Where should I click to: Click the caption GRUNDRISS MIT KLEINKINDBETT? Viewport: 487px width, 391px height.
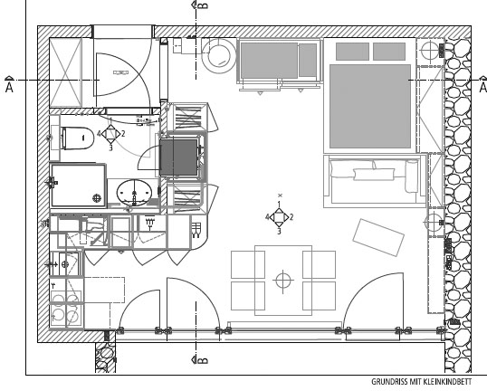(x=422, y=382)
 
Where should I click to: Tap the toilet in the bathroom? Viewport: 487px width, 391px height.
(x=77, y=138)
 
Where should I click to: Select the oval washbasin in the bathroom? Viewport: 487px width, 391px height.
(x=134, y=193)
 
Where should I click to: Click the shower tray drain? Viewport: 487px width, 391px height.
(x=97, y=197)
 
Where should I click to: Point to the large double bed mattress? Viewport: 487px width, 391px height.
(x=370, y=106)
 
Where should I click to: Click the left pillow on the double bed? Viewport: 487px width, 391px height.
(x=352, y=52)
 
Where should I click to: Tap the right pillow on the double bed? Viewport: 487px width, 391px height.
(x=389, y=52)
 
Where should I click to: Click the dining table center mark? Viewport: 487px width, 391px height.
(x=283, y=281)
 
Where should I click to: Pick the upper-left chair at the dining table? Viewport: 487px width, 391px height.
(x=248, y=264)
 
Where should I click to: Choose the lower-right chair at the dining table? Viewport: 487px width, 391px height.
(x=319, y=296)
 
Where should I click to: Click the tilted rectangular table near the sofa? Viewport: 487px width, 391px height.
(x=378, y=237)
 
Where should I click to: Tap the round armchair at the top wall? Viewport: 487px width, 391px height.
(x=219, y=56)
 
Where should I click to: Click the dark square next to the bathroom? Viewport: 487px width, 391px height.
(x=178, y=157)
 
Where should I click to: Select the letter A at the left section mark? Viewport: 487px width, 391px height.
(x=9, y=88)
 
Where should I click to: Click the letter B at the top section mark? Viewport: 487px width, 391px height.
(x=203, y=5)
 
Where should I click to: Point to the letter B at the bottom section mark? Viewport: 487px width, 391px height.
(x=203, y=360)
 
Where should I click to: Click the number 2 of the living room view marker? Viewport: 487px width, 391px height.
(x=291, y=217)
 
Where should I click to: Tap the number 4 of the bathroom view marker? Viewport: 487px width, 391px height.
(x=99, y=134)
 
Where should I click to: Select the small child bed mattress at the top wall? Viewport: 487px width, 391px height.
(x=269, y=61)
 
